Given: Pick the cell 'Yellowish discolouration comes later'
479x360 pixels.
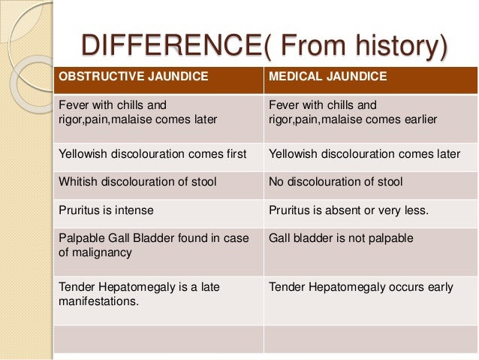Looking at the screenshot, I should pos(364,154).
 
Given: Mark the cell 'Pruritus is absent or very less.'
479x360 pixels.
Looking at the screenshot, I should pos(348,210).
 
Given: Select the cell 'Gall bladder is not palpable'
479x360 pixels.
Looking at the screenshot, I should pos(342,238).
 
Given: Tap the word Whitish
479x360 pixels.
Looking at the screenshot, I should pos(78,182).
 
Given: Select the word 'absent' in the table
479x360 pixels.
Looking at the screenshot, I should pos(338,210).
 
